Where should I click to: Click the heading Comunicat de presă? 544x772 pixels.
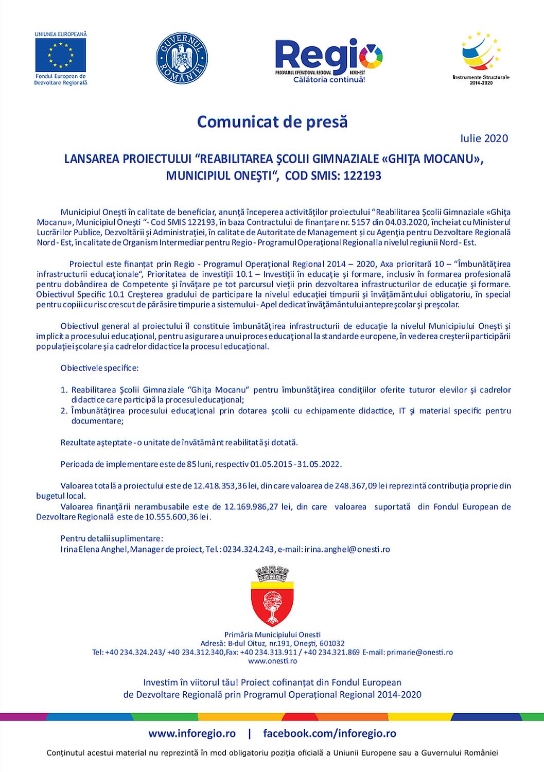[272, 122]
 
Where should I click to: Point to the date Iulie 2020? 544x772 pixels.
[484, 138]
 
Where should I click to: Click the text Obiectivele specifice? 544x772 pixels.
[99, 369]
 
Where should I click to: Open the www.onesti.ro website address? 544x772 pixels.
[272, 660]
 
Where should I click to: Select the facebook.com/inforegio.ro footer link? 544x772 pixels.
[329, 733]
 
